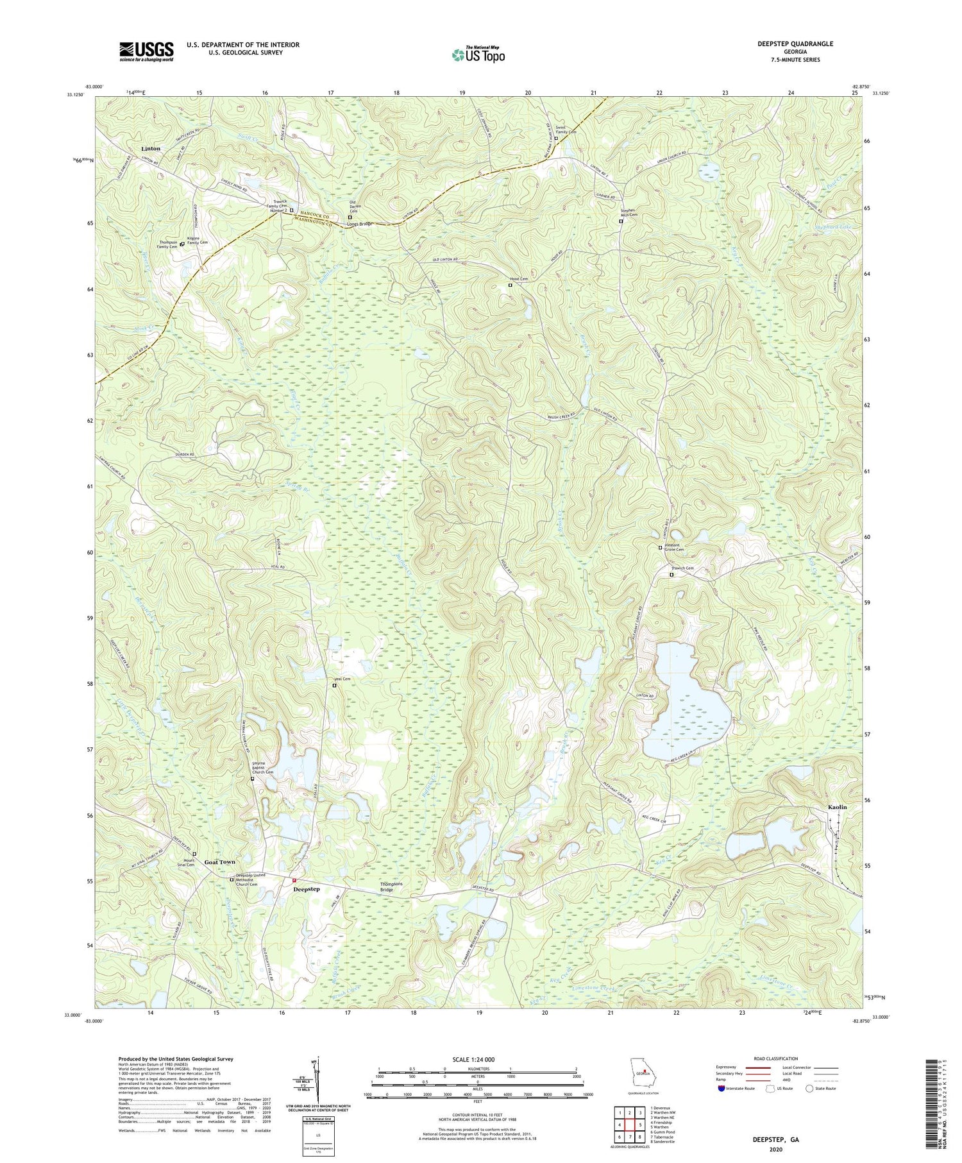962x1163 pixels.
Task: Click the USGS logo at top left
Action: click(x=146, y=51)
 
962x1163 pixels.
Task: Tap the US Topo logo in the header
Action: click(x=478, y=55)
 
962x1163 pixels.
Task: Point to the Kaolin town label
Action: click(x=837, y=807)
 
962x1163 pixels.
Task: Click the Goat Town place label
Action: click(x=219, y=862)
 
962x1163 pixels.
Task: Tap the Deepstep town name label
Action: click(x=306, y=889)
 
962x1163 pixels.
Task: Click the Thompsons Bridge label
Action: click(x=391, y=887)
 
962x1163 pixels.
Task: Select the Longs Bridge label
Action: click(x=359, y=224)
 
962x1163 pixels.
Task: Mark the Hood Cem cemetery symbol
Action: click(x=511, y=285)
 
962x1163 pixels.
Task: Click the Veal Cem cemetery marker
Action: click(x=334, y=686)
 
